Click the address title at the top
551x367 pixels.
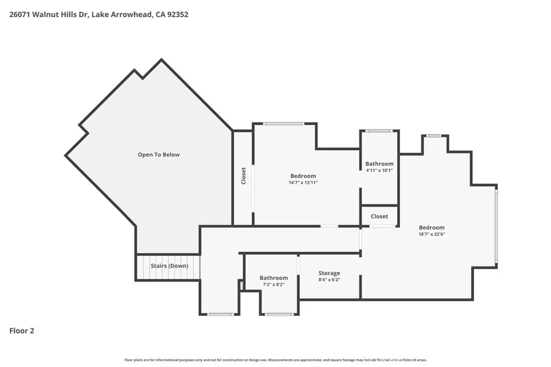click(x=98, y=15)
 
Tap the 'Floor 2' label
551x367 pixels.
click(x=22, y=331)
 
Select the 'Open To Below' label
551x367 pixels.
click(x=159, y=155)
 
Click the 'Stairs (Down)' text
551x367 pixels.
click(x=169, y=266)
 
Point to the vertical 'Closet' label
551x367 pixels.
click(x=243, y=176)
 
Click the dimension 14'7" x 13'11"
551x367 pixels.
click(x=303, y=183)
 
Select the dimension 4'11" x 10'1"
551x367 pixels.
click(x=379, y=170)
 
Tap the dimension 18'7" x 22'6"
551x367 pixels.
click(x=432, y=234)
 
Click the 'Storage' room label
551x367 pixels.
click(x=329, y=273)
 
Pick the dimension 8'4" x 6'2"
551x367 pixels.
click(x=329, y=279)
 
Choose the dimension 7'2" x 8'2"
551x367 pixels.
click(x=273, y=284)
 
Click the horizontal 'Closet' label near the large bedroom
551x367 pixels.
click(x=379, y=216)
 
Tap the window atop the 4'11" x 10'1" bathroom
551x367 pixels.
click(x=379, y=131)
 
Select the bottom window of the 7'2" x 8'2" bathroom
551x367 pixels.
click(x=279, y=314)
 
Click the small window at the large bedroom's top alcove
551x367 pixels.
click(x=434, y=135)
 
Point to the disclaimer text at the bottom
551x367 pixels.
click(x=275, y=360)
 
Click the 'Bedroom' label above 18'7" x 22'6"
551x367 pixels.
click(x=432, y=227)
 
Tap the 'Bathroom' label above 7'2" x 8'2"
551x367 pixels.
click(x=273, y=278)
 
